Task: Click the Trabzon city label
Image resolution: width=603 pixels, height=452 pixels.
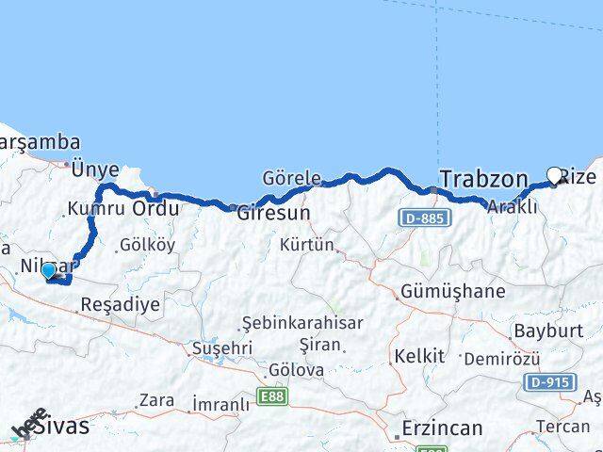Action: coord(483,179)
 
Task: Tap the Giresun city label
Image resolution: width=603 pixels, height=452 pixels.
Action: coord(273,213)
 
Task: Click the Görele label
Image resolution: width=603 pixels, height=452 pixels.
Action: coord(292,178)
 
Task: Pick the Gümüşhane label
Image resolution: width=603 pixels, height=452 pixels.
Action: coord(452,291)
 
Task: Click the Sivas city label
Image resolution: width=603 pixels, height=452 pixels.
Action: coord(59,426)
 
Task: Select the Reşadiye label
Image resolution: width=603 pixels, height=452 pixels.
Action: coord(120,304)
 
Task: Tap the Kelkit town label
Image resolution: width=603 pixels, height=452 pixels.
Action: coord(419,356)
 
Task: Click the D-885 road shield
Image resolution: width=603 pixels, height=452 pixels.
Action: coord(426,218)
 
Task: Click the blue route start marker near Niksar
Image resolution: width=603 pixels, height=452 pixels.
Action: coord(48,270)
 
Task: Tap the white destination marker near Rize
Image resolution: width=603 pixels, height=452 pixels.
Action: coord(555,175)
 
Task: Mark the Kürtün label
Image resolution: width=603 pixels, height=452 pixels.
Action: coord(307,246)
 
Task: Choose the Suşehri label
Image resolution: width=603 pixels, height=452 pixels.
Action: coord(221,347)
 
